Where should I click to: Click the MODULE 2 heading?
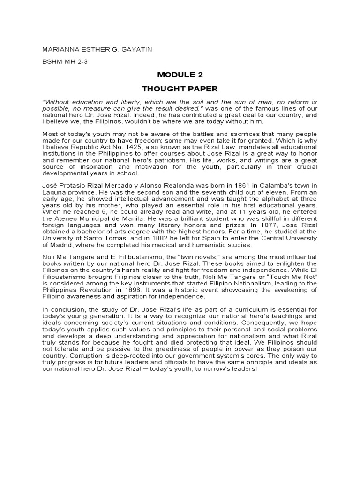[180, 75]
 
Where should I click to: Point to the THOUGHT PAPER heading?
[180, 88]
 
